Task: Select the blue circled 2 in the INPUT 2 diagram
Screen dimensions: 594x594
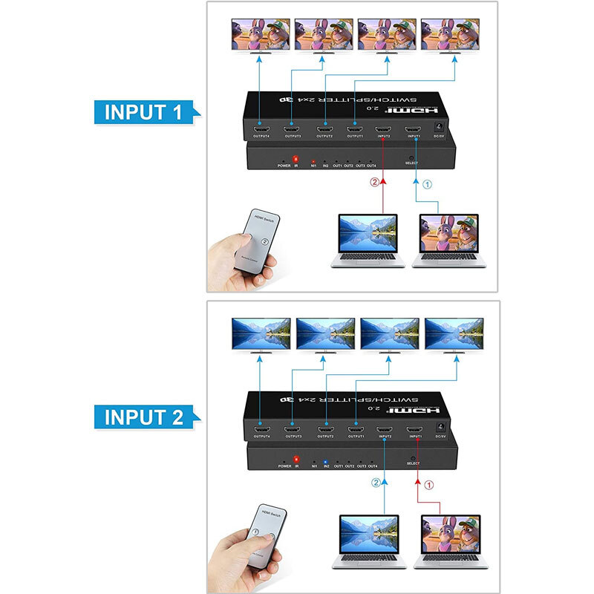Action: tap(376, 483)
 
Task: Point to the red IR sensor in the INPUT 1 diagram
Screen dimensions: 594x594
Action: tap(296, 159)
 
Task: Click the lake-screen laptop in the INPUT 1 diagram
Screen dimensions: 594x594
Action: tap(367, 240)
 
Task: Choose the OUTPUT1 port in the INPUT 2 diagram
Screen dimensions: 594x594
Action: tap(356, 429)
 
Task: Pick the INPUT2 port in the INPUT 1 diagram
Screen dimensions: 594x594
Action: tap(383, 128)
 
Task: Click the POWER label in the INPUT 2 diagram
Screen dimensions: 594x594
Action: tap(284, 466)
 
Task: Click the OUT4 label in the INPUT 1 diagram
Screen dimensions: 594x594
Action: tap(372, 166)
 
